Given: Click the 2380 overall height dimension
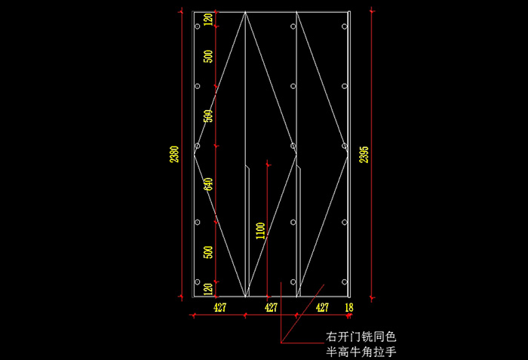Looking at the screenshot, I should (x=175, y=154).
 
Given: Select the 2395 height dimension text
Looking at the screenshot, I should (x=364, y=154).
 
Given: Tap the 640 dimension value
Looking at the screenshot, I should (x=209, y=185).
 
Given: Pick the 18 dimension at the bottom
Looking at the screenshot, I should (x=348, y=307).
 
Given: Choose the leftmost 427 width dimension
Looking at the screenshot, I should (x=219, y=307).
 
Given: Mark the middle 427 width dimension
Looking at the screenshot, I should (x=271, y=307).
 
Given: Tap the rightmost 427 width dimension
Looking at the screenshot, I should (x=322, y=307).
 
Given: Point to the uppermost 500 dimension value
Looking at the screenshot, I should (x=209, y=57).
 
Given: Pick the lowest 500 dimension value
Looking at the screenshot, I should (x=209, y=251).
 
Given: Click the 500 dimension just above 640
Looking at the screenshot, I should (x=209, y=117).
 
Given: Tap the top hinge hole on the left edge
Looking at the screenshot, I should (x=198, y=26).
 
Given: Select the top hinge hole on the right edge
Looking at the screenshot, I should (x=345, y=26).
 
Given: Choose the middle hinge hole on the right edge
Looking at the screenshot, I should (x=345, y=146).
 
